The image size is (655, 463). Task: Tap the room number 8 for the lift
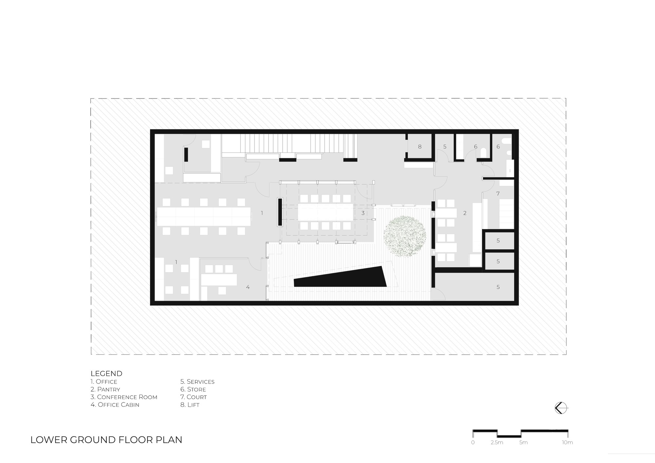(420, 147)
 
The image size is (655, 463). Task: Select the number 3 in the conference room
(363, 213)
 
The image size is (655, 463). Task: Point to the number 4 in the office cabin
(248, 287)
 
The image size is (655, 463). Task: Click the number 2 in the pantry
(465, 213)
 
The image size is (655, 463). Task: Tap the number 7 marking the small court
(498, 194)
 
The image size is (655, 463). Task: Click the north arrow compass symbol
(560, 408)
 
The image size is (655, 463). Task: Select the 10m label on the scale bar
(568, 443)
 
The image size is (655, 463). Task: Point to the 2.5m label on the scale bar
(497, 443)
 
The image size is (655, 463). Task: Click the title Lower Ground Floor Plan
(106, 440)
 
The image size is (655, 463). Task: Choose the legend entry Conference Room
(124, 397)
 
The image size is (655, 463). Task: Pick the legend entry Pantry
(105, 389)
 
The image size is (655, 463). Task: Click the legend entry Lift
(190, 405)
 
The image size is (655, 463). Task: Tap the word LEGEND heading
(106, 373)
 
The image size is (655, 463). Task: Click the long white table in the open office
(204, 216)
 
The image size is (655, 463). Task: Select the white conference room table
(326, 212)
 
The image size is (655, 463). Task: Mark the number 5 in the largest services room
(498, 287)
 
